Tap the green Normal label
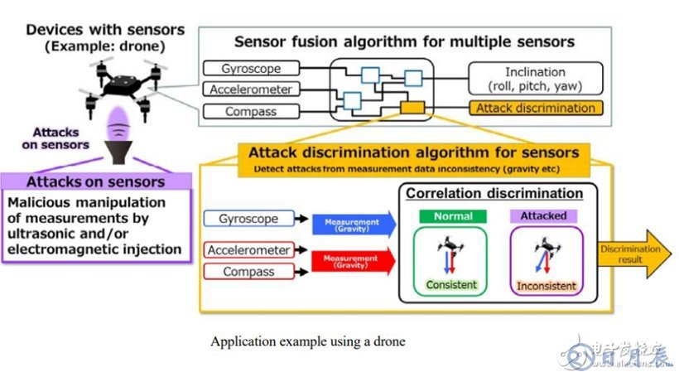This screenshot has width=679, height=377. [x=452, y=215]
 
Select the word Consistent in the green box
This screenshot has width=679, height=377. [x=452, y=285]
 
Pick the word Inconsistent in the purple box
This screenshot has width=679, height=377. [x=547, y=286]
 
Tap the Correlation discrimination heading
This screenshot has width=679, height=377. [x=494, y=193]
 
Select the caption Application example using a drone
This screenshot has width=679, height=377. [x=308, y=341]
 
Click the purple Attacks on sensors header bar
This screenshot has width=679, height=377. [x=95, y=181]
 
